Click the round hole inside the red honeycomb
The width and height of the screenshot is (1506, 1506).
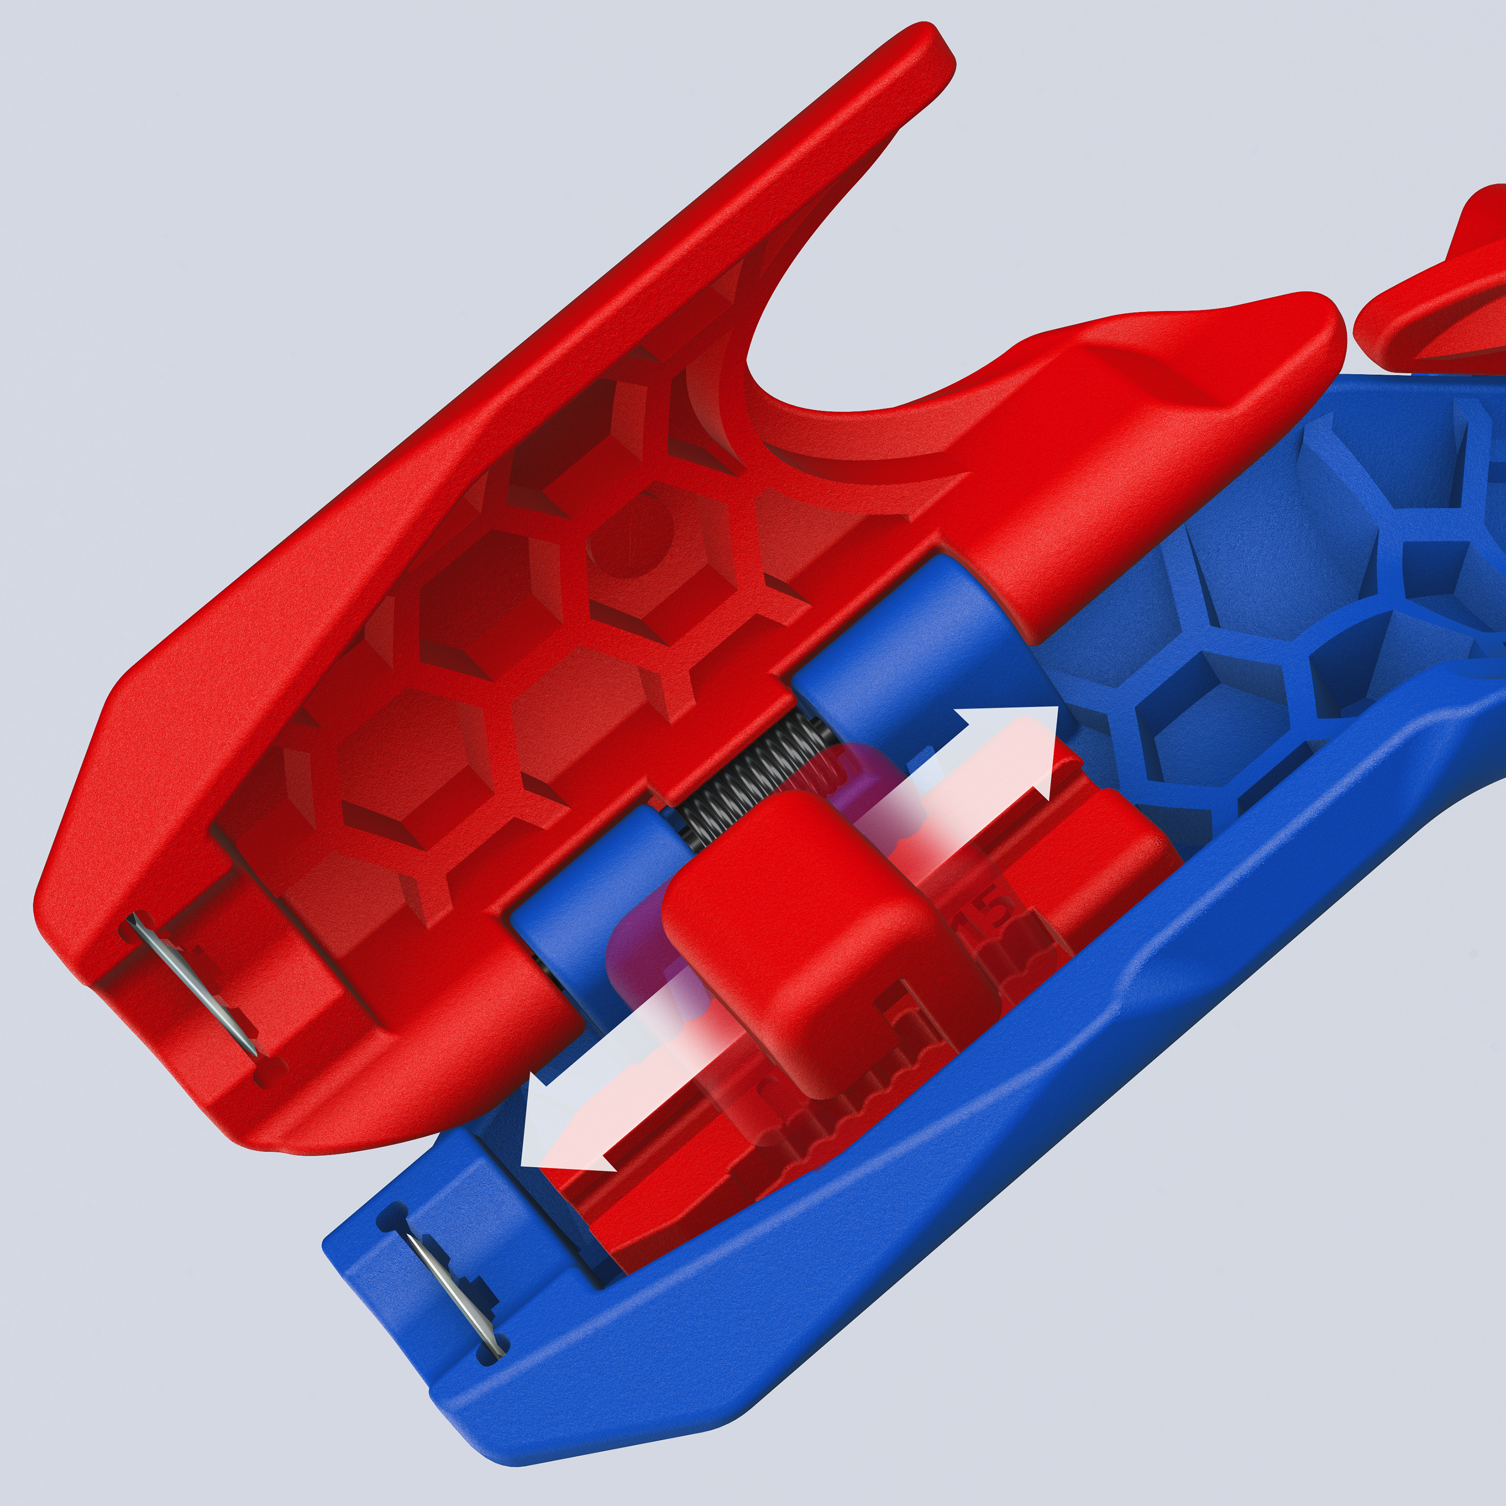tap(631, 538)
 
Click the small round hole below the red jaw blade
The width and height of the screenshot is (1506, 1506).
tap(268, 1076)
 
